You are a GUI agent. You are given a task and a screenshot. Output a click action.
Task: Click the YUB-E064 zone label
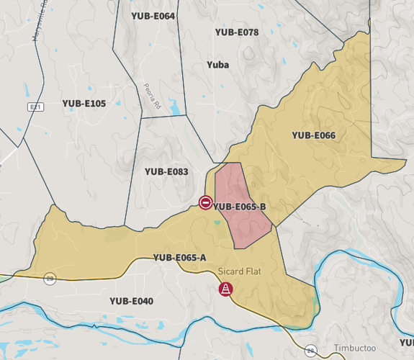[x=153, y=16]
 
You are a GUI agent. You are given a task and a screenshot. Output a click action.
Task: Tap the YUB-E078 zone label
[x=237, y=32]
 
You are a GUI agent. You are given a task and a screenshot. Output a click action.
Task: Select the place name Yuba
[x=217, y=65]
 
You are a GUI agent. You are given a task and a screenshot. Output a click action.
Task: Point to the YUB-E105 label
[x=84, y=104]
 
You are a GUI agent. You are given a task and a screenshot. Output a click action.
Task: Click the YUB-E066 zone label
[x=313, y=135]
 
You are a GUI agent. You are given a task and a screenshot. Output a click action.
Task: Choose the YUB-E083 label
[x=166, y=171]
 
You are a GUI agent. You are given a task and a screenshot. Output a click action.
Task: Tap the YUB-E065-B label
[x=240, y=207]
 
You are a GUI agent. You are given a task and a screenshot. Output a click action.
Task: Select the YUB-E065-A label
[x=179, y=258]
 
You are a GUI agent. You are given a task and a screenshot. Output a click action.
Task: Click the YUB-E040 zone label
[x=131, y=301]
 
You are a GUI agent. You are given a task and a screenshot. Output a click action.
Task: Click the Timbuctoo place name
[x=354, y=348]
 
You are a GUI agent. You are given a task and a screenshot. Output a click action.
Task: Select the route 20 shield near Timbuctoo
[x=310, y=351]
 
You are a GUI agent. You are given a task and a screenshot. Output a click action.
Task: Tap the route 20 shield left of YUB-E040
[x=50, y=278]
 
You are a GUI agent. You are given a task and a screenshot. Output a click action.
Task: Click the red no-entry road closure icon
[x=205, y=202]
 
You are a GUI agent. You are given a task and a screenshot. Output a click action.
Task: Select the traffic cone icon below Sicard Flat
[x=225, y=289]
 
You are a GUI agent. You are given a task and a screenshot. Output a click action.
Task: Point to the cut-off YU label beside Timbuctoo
[x=407, y=342]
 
